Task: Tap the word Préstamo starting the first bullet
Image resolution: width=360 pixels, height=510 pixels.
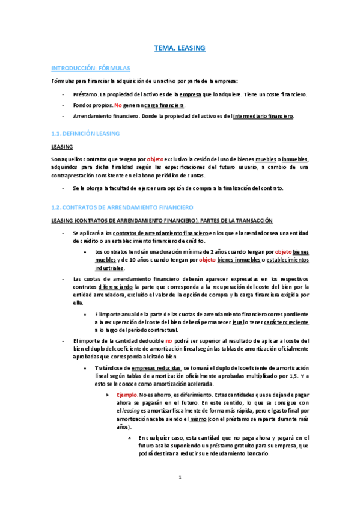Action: (x=85, y=94)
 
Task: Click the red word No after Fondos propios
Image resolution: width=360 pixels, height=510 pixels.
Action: (x=110, y=105)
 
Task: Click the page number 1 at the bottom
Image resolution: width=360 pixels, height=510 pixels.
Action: (x=180, y=478)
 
